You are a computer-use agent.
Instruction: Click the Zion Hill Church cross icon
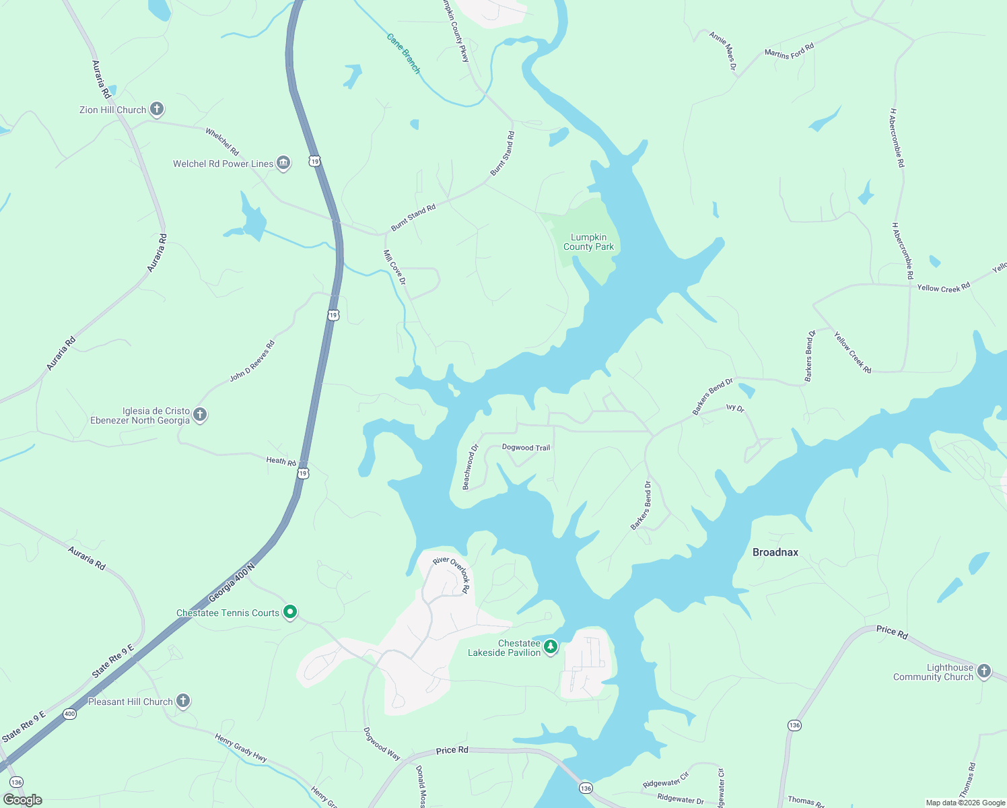coord(157,109)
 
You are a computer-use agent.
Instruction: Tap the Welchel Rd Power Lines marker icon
coord(283,163)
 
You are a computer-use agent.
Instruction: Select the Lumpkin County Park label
coord(588,242)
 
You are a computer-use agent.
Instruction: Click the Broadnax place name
coord(775,552)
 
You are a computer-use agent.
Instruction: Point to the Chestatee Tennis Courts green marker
coord(290,612)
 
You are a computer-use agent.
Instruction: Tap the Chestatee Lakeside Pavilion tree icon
coord(551,647)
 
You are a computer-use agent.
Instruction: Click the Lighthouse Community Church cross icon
coord(984,671)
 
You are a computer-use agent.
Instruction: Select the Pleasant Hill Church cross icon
coord(183,701)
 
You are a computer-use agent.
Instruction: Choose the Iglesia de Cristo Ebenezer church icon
coord(200,415)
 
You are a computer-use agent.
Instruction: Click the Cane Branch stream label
coord(403,53)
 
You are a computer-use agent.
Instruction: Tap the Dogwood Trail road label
coord(526,448)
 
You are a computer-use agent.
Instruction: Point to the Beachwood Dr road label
coord(470,467)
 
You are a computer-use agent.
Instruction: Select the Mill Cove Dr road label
coord(394,267)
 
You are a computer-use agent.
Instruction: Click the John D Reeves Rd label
coord(252,362)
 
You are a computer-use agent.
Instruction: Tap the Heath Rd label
coord(281,461)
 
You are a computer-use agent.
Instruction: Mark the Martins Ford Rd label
coord(789,51)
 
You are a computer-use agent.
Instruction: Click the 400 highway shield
coord(69,714)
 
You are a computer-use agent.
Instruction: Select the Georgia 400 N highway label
coord(232,583)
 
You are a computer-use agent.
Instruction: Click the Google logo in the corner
coord(23,800)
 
